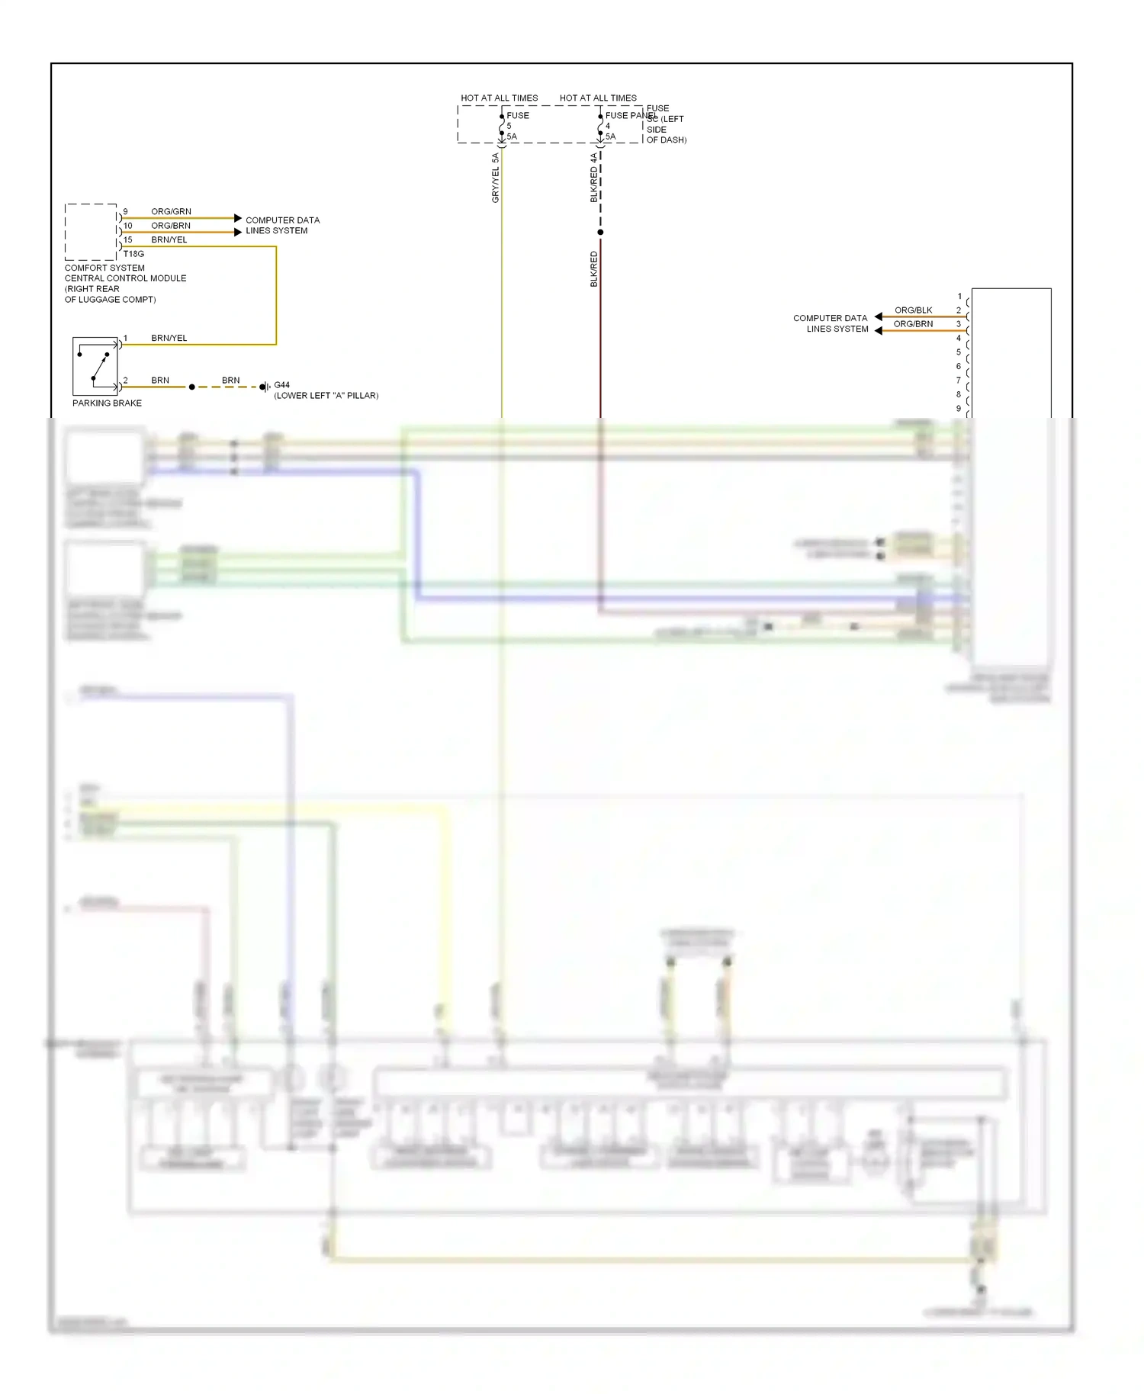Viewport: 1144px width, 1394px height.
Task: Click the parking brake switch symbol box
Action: (95, 366)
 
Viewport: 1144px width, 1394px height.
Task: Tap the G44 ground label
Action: (282, 385)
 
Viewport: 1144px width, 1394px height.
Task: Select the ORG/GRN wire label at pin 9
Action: (171, 211)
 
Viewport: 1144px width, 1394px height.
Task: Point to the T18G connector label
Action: (133, 254)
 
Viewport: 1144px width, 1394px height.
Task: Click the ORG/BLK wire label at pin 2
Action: (913, 310)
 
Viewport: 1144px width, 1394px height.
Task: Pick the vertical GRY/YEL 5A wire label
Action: (495, 178)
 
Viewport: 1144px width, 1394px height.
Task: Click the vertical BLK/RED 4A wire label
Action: (594, 178)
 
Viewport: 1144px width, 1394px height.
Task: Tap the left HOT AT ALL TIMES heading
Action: (499, 98)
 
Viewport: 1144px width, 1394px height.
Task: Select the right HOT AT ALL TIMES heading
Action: (598, 98)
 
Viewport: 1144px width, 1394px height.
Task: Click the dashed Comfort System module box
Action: (91, 232)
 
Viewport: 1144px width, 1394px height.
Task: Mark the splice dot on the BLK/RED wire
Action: (600, 233)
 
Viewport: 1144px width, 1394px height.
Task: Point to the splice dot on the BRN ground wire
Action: (191, 387)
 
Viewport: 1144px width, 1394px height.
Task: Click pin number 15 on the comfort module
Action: (128, 239)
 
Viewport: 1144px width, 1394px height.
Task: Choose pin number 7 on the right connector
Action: (959, 381)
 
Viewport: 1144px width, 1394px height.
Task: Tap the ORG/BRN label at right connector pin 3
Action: (913, 324)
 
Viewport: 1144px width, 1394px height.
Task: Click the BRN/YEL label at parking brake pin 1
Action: (169, 338)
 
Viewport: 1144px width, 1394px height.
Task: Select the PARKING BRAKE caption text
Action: (107, 403)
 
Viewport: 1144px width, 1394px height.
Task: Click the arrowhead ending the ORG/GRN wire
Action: (238, 218)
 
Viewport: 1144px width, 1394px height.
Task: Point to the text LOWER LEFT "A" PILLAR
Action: (326, 396)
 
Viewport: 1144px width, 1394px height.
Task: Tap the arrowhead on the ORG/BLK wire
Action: (879, 316)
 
